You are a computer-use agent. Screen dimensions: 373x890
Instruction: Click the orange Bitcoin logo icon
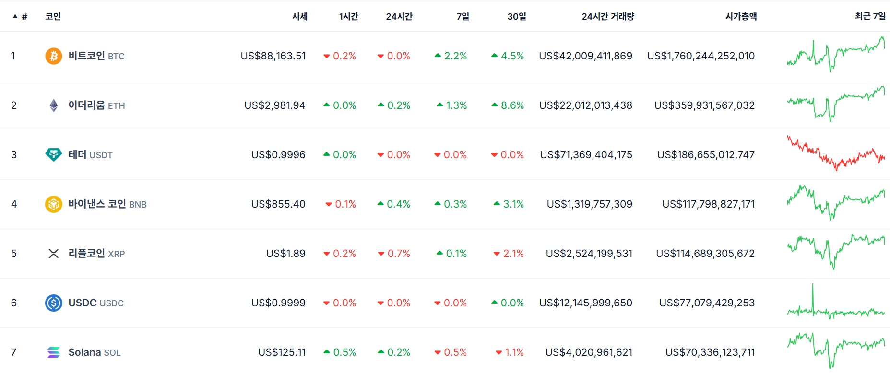point(54,56)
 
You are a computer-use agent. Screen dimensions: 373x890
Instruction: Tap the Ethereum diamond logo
point(54,105)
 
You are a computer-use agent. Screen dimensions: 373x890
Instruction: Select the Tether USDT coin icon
point(54,154)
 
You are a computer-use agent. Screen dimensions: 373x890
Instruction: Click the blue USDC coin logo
point(54,303)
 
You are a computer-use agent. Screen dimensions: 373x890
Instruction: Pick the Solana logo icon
point(54,352)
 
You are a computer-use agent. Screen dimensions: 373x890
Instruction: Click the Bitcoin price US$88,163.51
point(273,56)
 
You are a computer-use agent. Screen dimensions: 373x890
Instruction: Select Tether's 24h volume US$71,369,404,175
point(586,155)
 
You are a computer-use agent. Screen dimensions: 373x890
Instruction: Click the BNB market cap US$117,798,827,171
point(708,204)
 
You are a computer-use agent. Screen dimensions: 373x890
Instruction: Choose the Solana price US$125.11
point(282,352)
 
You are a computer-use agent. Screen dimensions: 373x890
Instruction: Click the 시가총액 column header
point(741,16)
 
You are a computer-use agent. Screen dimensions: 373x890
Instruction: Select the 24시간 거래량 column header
point(608,16)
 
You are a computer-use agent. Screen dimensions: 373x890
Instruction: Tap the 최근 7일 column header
point(870,16)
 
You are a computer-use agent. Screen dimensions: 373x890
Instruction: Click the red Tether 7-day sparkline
point(836,153)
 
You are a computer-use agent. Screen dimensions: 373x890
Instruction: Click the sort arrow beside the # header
point(15,16)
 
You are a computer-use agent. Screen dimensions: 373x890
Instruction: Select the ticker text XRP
point(117,254)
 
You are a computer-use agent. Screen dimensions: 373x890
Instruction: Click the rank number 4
point(14,204)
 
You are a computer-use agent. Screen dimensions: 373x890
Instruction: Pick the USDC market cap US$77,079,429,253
point(707,303)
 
